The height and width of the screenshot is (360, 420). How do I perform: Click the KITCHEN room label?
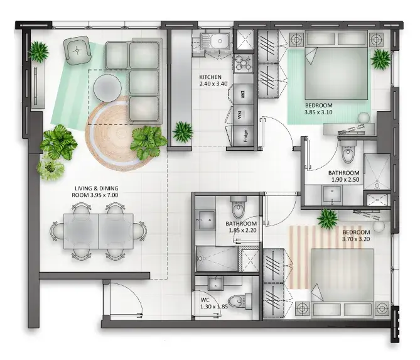point(210,77)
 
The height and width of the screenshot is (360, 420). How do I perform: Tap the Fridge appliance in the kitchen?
point(243,136)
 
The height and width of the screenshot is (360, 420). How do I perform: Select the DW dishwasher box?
point(243,94)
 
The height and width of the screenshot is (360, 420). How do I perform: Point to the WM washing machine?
point(243,115)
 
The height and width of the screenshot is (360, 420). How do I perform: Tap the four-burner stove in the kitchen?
point(243,63)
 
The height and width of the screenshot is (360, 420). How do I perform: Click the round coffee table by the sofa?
point(107,88)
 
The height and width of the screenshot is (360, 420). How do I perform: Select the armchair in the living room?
point(77,50)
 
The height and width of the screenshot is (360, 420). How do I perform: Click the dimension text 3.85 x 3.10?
point(318,112)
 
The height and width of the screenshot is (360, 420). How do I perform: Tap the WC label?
point(205,300)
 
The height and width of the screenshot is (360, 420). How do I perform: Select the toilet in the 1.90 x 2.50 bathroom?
point(348,152)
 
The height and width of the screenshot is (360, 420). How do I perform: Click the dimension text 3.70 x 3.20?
point(356,239)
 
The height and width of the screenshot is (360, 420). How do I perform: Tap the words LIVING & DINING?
point(97,188)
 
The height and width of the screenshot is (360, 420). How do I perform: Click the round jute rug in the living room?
point(117,134)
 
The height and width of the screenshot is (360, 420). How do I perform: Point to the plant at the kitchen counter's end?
point(183,131)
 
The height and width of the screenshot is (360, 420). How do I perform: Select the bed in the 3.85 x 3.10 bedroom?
point(336,65)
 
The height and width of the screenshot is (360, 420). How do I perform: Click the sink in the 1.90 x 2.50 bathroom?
point(332,194)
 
